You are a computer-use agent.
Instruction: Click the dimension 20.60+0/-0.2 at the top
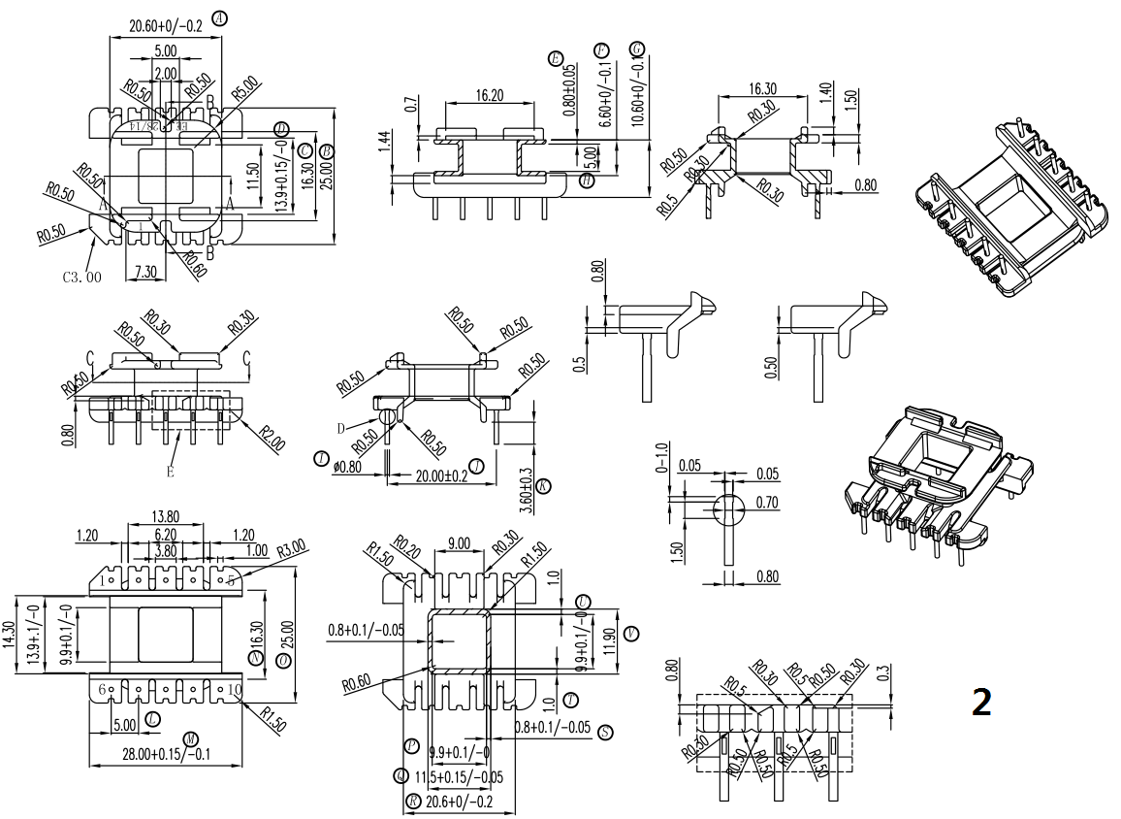point(165,27)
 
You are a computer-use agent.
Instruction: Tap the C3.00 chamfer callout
point(83,277)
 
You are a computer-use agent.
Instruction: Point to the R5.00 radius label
point(245,96)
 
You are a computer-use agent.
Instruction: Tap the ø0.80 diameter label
point(346,466)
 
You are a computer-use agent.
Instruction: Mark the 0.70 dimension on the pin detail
point(767,503)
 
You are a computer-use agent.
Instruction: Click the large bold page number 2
point(981,703)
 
